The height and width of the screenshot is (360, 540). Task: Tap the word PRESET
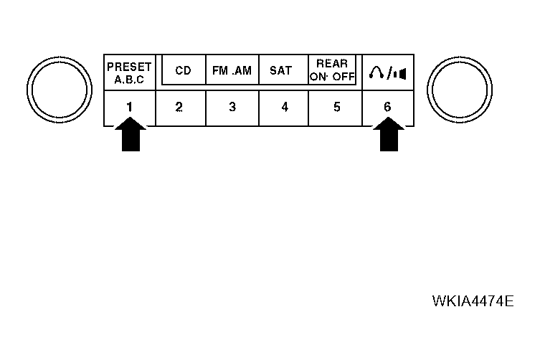pyautogui.click(x=130, y=67)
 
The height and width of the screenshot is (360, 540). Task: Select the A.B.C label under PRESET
pyautogui.click(x=130, y=80)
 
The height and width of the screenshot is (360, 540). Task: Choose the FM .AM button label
pyautogui.click(x=232, y=70)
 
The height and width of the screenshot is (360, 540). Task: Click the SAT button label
pyautogui.click(x=280, y=70)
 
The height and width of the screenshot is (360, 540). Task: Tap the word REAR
pyautogui.click(x=332, y=64)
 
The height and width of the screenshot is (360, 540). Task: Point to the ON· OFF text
pyautogui.click(x=332, y=77)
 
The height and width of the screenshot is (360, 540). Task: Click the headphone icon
pyautogui.click(x=376, y=72)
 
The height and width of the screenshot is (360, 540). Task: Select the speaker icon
pyautogui.click(x=400, y=74)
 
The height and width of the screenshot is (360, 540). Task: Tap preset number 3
pyautogui.click(x=232, y=107)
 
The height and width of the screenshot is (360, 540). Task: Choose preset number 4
pyautogui.click(x=285, y=107)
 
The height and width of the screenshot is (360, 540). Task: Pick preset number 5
pyautogui.click(x=337, y=107)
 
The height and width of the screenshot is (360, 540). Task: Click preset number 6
pyautogui.click(x=387, y=107)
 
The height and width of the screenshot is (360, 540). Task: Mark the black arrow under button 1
pyautogui.click(x=131, y=134)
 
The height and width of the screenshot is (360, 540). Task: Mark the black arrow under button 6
pyautogui.click(x=389, y=134)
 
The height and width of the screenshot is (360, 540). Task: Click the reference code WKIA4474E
pyautogui.click(x=473, y=301)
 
